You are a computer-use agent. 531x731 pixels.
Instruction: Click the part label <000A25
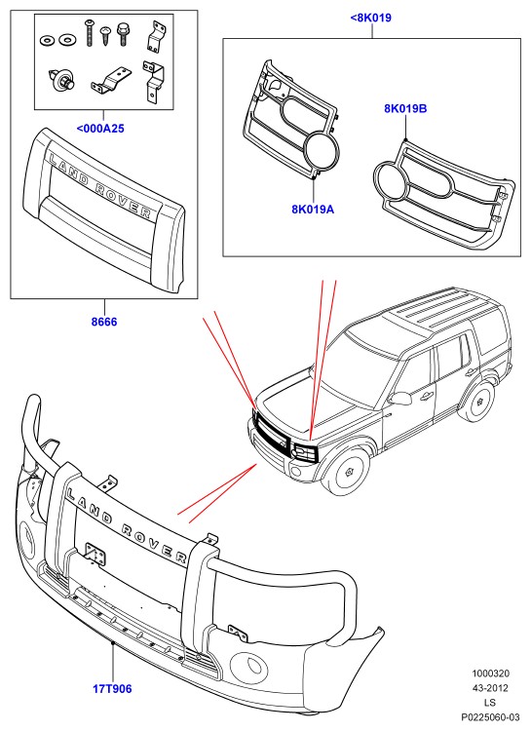(x=100, y=129)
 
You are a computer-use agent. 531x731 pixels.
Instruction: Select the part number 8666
(x=104, y=322)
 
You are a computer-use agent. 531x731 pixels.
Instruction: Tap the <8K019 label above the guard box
(x=370, y=18)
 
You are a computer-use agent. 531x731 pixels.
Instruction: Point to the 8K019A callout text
(x=313, y=210)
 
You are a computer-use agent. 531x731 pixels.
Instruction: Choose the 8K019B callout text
(x=405, y=108)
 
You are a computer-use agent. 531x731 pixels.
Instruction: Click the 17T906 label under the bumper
(x=112, y=688)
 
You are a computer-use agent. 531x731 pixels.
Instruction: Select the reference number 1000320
(x=490, y=673)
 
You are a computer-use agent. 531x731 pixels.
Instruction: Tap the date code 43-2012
(x=490, y=688)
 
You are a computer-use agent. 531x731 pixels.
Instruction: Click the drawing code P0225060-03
(x=490, y=717)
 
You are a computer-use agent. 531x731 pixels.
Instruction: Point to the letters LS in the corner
(x=490, y=703)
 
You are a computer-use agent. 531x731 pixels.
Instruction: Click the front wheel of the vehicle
(x=349, y=472)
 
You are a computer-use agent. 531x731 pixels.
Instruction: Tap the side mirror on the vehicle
(x=400, y=398)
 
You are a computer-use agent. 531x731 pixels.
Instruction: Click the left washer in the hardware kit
(x=47, y=41)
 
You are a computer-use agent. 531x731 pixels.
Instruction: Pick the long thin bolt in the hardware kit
(x=89, y=33)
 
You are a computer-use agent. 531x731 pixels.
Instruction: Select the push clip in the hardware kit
(x=61, y=80)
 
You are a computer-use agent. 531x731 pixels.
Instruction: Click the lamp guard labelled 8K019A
(x=291, y=120)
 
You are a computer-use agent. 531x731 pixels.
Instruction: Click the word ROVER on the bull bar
(x=153, y=543)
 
